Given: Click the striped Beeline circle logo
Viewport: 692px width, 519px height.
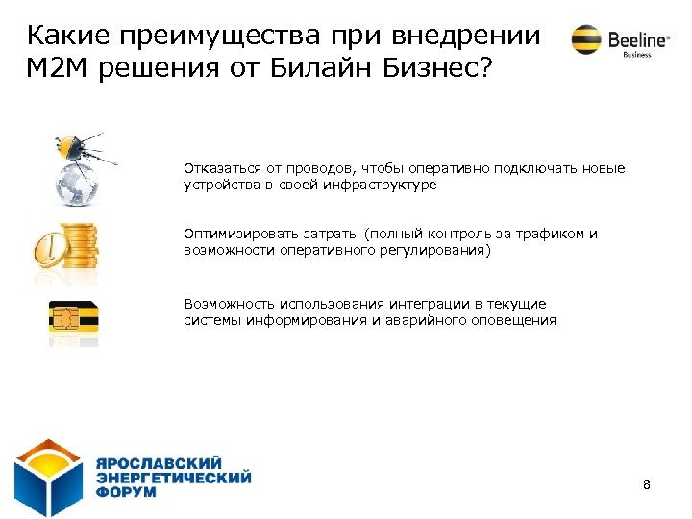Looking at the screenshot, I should pyautogui.click(x=585, y=39).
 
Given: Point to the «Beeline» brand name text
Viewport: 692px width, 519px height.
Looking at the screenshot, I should pyautogui.click(x=636, y=39).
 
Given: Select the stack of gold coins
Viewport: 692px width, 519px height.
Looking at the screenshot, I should pyautogui.click(x=78, y=251).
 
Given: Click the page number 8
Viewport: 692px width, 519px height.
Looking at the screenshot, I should pyautogui.click(x=646, y=484).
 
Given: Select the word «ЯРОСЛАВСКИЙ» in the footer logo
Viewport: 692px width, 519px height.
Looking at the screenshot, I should pyautogui.click(x=159, y=462).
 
